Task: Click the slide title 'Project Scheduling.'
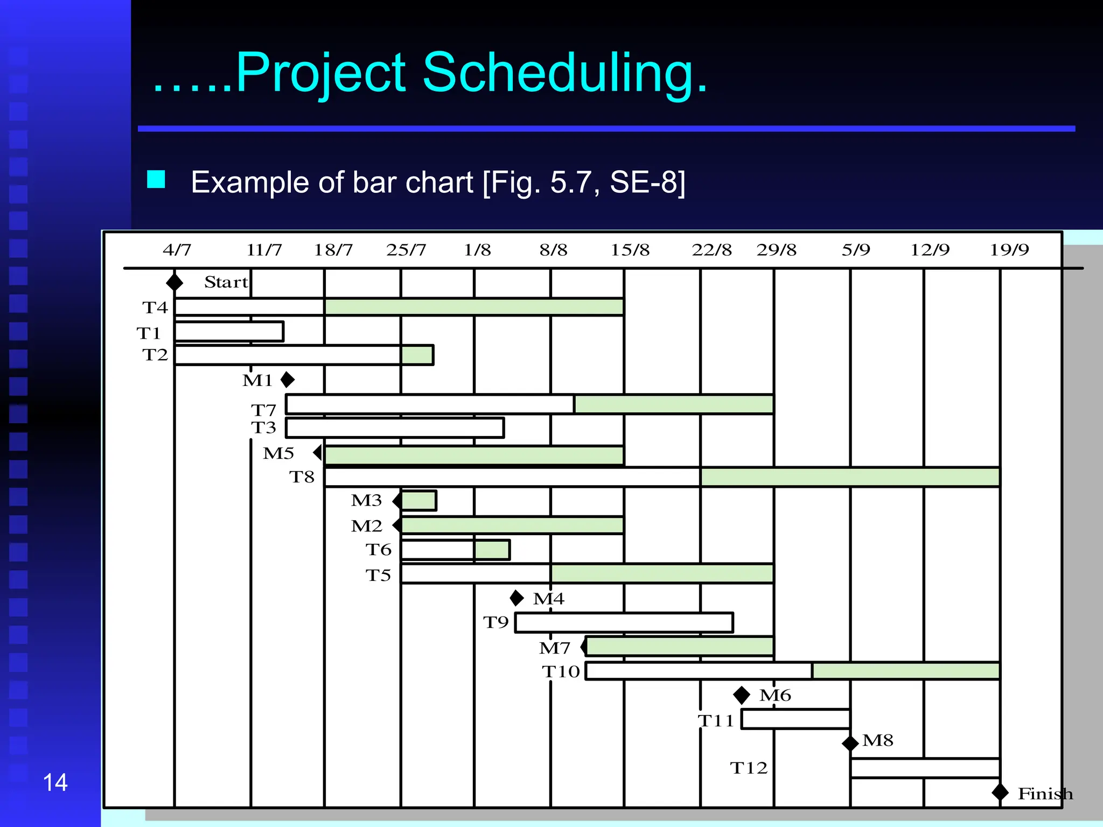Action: [431, 73]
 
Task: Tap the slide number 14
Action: [55, 782]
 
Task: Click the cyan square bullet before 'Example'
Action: [156, 179]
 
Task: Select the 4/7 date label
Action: [177, 250]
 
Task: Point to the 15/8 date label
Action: [630, 250]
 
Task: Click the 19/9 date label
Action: [1009, 250]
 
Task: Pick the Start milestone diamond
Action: [174, 282]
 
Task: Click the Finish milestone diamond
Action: [1000, 793]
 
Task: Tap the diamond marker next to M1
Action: [288, 380]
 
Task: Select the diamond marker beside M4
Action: [516, 598]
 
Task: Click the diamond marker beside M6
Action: [742, 695]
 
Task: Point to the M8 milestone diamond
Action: [850, 744]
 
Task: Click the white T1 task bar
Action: [229, 332]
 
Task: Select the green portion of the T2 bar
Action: [417, 355]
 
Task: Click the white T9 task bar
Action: [624, 622]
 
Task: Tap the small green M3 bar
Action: [418, 501]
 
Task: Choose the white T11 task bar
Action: [795, 719]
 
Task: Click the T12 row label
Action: [749, 768]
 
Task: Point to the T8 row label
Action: [302, 477]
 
